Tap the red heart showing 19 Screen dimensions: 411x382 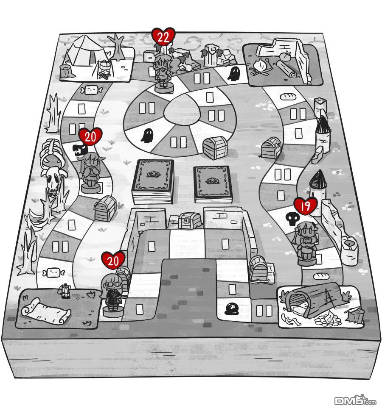(x=306, y=206)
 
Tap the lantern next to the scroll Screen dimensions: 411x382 (x=65, y=291)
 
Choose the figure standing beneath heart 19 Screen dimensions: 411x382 (x=306, y=244)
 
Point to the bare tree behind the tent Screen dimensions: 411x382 (x=116, y=45)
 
